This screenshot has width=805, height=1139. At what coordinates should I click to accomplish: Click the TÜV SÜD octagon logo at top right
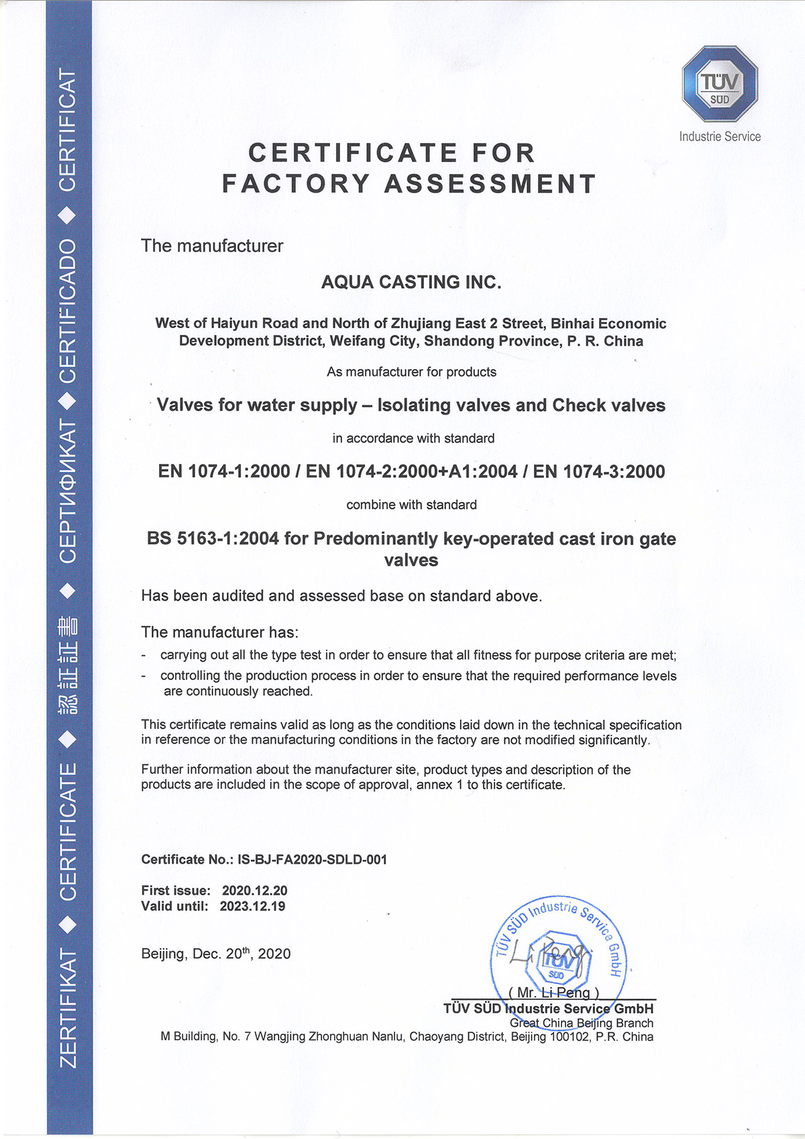point(720,84)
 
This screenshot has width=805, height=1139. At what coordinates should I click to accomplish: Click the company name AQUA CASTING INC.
point(411,282)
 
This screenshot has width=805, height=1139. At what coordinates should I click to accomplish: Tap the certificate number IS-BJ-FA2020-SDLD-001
point(312,859)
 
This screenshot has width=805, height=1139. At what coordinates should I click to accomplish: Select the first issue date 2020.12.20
point(254,891)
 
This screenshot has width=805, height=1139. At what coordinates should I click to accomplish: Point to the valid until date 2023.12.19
point(252,906)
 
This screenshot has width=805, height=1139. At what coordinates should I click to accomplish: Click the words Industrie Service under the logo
point(720,136)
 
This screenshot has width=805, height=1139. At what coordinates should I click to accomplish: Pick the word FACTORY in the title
point(296,183)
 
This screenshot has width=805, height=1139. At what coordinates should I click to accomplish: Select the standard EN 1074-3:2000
point(599,471)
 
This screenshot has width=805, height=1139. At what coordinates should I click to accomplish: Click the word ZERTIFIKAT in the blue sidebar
point(68,1007)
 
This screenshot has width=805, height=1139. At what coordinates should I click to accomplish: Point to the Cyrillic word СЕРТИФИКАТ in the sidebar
point(68,491)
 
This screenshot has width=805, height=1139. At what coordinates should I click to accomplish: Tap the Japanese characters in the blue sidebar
point(68,664)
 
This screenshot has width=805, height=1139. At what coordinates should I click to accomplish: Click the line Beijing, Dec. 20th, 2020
point(215,954)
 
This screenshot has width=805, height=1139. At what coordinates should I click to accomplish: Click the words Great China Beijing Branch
point(581,1023)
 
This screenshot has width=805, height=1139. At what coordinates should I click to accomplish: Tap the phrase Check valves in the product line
point(608,405)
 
